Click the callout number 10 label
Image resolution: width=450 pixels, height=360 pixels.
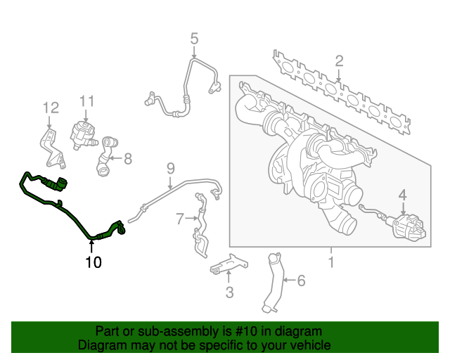tap(93, 263)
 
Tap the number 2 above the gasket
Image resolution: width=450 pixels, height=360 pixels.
tap(339, 60)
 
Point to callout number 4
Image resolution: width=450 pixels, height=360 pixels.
tap(403, 195)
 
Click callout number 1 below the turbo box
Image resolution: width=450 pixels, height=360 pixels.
tap(330, 263)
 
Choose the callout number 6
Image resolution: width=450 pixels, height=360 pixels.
tap(301, 281)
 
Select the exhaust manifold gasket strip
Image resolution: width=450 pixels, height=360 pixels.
tap(341, 92)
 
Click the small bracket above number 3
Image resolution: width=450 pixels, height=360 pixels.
tap(229, 264)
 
